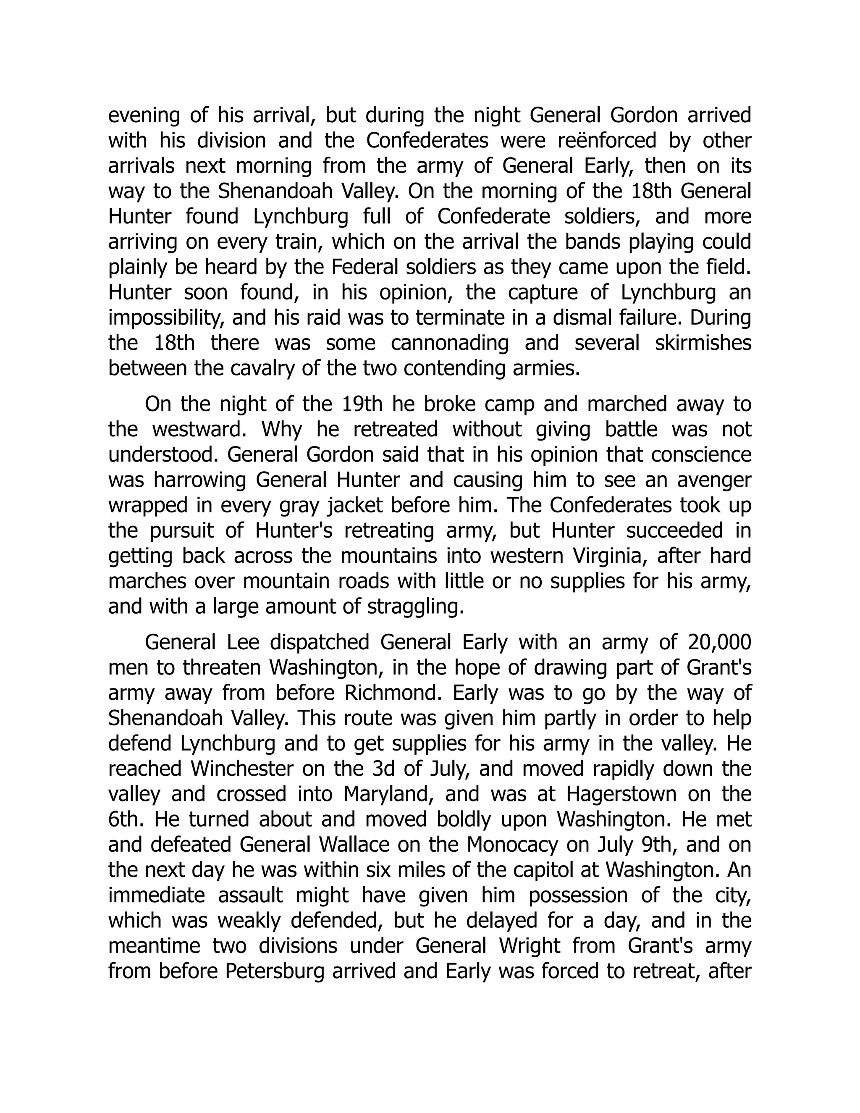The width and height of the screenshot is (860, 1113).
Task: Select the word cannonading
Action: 450,344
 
